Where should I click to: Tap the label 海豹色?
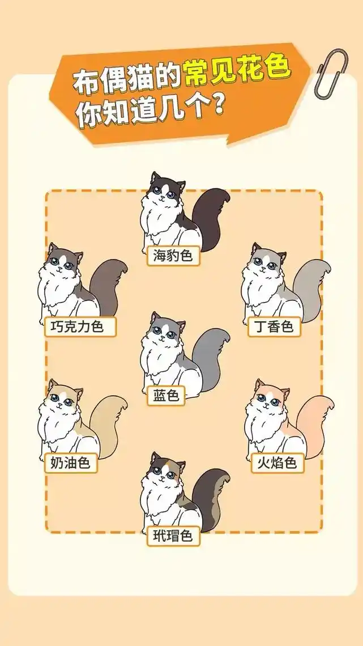(173, 256)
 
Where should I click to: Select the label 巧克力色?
(81, 327)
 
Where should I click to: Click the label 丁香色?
(275, 326)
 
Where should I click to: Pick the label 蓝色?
(166, 395)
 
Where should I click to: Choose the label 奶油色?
(71, 463)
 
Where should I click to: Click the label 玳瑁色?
(173, 535)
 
